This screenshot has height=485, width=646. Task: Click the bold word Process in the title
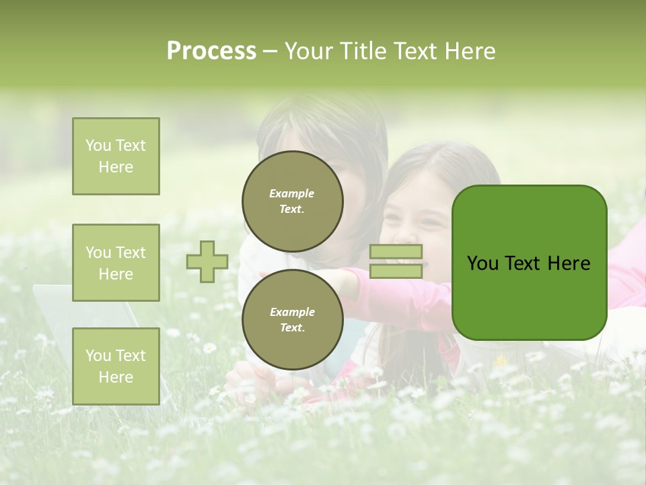pyautogui.click(x=211, y=51)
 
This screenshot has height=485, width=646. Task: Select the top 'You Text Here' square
pyautogui.click(x=116, y=156)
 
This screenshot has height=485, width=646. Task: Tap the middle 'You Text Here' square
pyautogui.click(x=116, y=263)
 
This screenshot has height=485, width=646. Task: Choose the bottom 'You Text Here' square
pyautogui.click(x=116, y=366)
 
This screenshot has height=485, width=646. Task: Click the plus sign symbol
pyautogui.click(x=207, y=261)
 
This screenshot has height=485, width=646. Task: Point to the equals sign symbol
pyautogui.click(x=396, y=261)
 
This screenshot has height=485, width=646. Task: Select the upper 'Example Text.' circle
pyautogui.click(x=293, y=201)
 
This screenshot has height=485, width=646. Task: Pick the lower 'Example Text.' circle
pyautogui.click(x=293, y=320)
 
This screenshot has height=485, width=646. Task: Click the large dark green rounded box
pyautogui.click(x=529, y=263)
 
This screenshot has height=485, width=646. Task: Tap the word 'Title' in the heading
pyautogui.click(x=363, y=51)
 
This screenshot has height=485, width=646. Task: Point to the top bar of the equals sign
pyautogui.click(x=396, y=252)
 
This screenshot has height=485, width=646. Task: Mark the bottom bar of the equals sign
pyautogui.click(x=396, y=271)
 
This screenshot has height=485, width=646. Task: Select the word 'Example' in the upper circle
pyautogui.click(x=291, y=193)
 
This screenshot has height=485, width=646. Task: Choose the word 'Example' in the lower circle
pyautogui.click(x=291, y=312)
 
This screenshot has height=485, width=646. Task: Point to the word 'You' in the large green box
pyautogui.click(x=482, y=263)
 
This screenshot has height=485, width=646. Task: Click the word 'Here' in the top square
pyautogui.click(x=116, y=167)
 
